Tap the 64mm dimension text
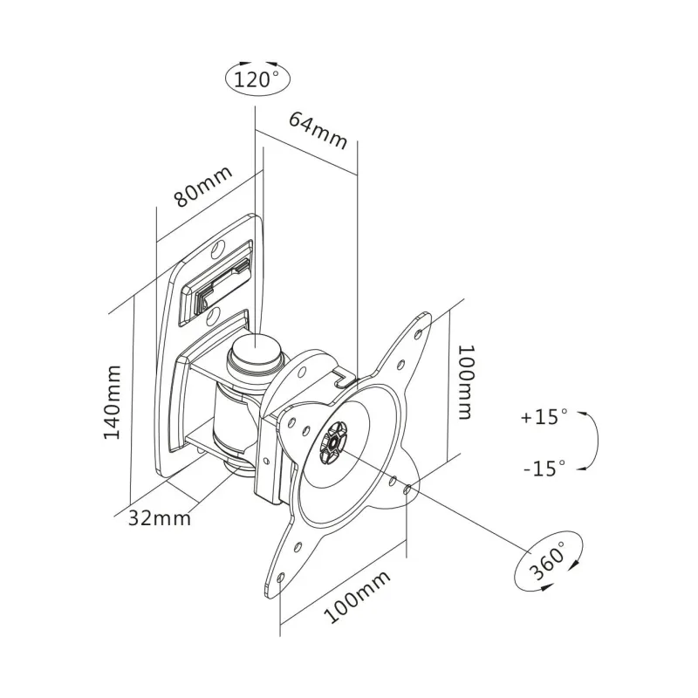pos(318,128)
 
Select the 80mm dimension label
pos(204,186)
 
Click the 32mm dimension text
pos(160,517)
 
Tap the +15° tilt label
pos(544,417)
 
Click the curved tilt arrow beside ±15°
pos(592,441)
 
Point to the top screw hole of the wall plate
pos(220,250)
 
